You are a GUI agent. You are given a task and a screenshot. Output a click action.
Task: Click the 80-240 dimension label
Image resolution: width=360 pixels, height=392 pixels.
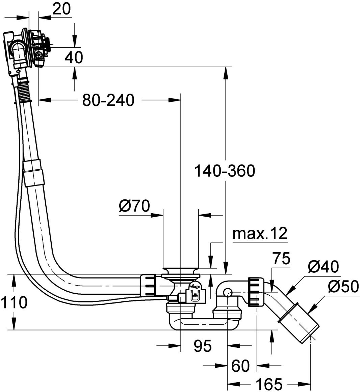tap(108, 100)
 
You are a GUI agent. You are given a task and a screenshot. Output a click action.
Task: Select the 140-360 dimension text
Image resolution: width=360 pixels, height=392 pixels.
tap(225, 171)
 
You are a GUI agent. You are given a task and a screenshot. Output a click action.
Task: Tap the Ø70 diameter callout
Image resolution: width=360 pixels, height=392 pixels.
tap(134, 206)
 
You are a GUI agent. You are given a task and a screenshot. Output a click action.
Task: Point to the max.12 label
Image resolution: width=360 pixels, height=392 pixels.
tap(260, 234)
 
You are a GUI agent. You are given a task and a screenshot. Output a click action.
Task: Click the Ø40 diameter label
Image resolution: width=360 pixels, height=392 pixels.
tap(323, 267)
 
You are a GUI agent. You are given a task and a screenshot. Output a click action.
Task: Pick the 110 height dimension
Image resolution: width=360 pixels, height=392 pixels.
tap(14, 302)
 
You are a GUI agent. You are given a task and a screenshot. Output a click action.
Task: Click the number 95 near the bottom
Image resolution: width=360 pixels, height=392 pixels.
tap(203, 346)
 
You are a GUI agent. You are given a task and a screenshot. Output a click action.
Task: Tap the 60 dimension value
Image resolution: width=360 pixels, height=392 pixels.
tap(240, 366)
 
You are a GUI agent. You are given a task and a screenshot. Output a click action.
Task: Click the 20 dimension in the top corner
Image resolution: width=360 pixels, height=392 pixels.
tap(61, 9)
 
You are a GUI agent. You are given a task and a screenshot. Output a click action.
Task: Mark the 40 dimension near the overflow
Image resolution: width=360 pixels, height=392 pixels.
tap(74, 57)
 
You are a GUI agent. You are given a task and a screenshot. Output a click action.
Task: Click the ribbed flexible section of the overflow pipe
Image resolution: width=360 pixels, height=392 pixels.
tap(24, 91)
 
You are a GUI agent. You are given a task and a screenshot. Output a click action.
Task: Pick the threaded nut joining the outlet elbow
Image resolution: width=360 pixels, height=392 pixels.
tap(256, 292)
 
